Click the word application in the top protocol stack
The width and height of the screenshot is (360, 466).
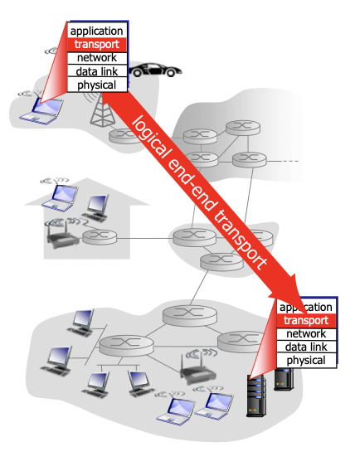point(97,31)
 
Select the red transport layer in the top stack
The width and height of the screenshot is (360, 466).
point(97,44)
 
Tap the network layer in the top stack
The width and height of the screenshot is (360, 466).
point(97,57)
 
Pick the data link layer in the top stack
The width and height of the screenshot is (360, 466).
point(97,71)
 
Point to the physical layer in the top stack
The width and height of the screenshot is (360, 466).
point(97,85)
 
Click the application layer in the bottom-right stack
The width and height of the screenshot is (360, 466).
point(306,307)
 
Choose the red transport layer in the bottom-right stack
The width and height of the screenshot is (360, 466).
point(306,320)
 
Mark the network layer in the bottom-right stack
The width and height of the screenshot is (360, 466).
point(306,333)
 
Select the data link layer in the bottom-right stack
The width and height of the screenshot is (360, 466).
point(306,347)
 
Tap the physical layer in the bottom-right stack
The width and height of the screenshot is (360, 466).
point(306,361)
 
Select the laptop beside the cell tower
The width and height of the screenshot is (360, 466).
point(46,108)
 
